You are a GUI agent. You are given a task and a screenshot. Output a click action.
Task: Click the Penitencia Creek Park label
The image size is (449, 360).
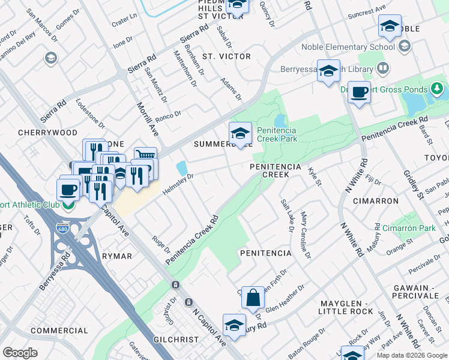click(277, 134)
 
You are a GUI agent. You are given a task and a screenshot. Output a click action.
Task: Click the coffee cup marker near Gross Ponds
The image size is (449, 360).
click(359, 92)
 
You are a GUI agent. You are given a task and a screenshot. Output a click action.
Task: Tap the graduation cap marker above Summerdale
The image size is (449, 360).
click(240, 133)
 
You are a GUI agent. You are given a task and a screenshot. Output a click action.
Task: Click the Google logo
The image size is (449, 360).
click(20, 353)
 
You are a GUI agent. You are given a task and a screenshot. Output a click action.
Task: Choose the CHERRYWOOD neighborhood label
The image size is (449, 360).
click(48, 132)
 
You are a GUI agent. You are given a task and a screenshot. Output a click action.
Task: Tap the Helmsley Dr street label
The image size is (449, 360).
click(178, 182)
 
